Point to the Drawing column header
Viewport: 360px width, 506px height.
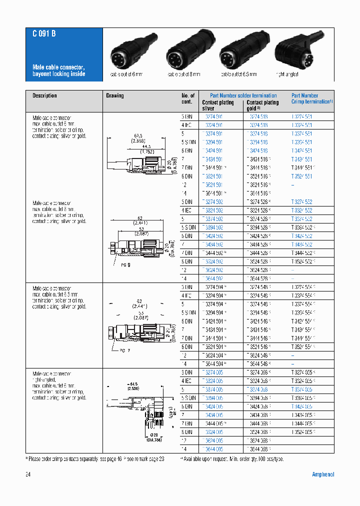[x=115, y=95]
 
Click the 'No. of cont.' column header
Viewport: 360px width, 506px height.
[x=188, y=98]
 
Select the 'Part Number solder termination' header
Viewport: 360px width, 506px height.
[x=243, y=95]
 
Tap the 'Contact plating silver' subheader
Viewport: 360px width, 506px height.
[x=217, y=105]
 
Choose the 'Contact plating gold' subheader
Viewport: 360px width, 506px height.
[x=262, y=105]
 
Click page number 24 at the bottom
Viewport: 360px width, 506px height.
[x=28, y=474]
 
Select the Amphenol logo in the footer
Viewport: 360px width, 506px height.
[x=323, y=474]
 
